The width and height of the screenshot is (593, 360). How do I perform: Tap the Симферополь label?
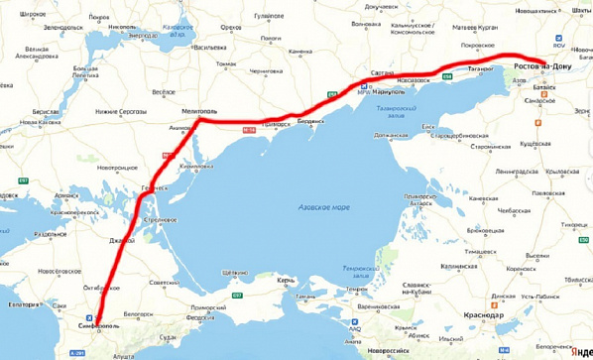coord(98,324)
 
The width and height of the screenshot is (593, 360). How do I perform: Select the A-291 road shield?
coord(123,352)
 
